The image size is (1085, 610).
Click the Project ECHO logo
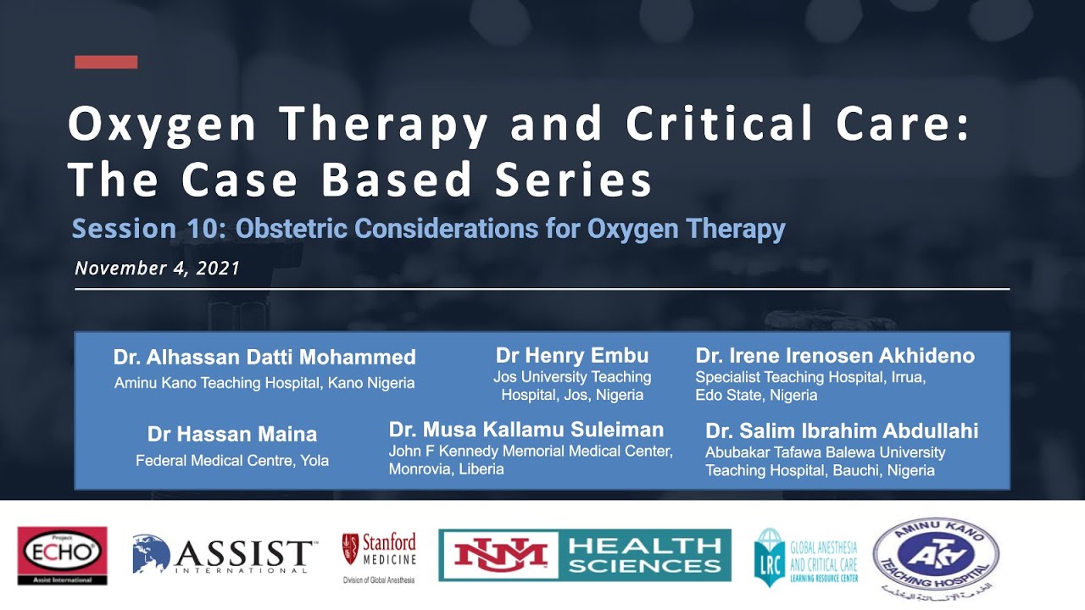click(x=62, y=556)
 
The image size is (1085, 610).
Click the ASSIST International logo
click(x=225, y=556)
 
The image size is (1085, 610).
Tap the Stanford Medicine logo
click(x=379, y=556)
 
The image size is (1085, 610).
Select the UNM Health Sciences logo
click(x=584, y=555)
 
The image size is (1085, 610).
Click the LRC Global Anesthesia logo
click(x=806, y=557)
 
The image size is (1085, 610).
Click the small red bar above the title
click(x=106, y=62)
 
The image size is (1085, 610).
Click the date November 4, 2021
click(x=157, y=269)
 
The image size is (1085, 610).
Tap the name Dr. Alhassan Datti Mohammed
click(x=264, y=358)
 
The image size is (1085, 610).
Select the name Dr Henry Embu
click(x=571, y=356)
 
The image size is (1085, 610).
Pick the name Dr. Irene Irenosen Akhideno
click(x=835, y=356)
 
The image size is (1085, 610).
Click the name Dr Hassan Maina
click(x=232, y=435)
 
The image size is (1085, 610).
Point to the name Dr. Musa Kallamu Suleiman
click(x=526, y=430)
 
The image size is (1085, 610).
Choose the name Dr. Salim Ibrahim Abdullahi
click(x=842, y=431)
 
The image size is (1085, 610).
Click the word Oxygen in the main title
click(x=161, y=125)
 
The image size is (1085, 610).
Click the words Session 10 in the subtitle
click(x=147, y=229)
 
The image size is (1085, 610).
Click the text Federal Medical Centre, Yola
click(x=232, y=461)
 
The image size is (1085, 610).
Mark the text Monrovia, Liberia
click(x=446, y=469)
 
